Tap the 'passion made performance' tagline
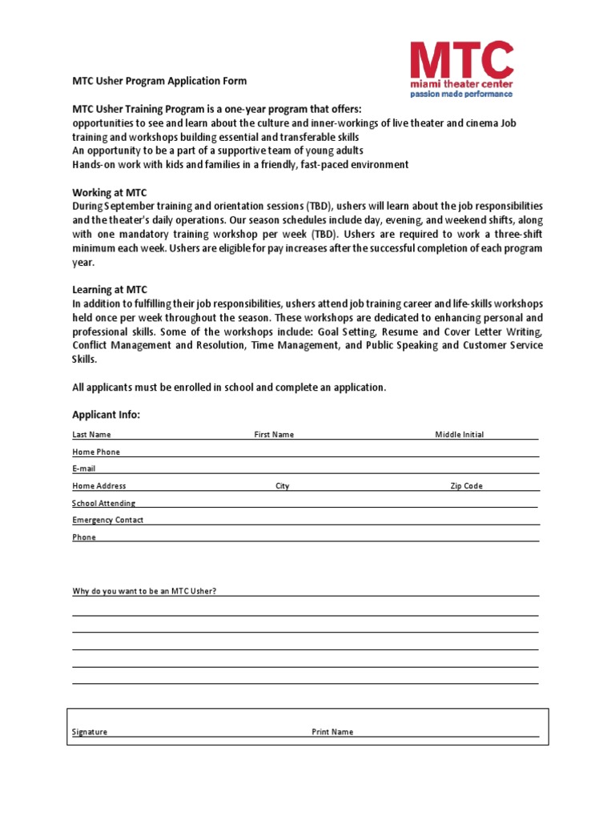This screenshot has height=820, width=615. [x=461, y=94]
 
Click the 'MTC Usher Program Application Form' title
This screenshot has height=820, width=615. [x=159, y=81]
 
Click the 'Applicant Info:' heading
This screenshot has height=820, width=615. [x=106, y=415]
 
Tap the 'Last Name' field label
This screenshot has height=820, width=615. [x=91, y=435]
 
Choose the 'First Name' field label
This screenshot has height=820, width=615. [x=274, y=435]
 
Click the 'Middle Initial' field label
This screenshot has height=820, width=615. [x=459, y=435]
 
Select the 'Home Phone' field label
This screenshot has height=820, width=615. [x=96, y=452]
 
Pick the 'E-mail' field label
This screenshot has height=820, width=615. [x=84, y=469]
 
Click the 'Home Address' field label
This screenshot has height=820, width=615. [x=98, y=486]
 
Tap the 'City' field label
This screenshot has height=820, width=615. [x=282, y=486]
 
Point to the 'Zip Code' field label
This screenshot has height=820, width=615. [x=466, y=486]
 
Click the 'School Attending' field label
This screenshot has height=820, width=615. [x=103, y=504]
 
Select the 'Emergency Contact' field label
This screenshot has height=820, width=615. [x=107, y=521]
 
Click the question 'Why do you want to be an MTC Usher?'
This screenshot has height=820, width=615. [x=144, y=592]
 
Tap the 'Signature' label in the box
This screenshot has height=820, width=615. [x=90, y=732]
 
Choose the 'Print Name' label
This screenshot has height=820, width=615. [x=332, y=732]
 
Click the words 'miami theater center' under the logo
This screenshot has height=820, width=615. [x=461, y=83]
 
